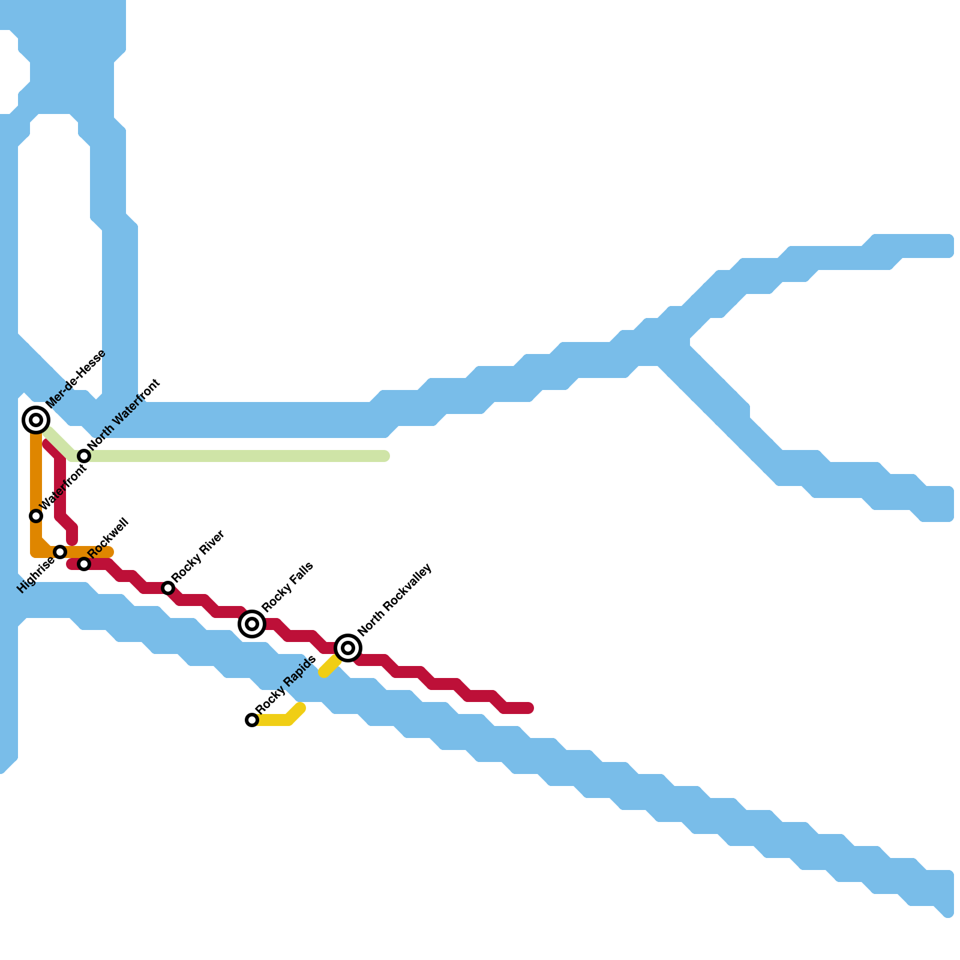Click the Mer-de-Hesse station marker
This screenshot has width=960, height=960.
click(36, 420)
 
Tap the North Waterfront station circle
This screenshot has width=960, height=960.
click(84, 456)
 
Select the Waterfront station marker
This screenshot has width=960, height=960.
click(36, 516)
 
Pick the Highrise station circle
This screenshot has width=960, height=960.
click(60, 552)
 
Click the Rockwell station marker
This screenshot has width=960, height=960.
click(84, 564)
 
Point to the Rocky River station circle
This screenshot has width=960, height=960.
click(168, 588)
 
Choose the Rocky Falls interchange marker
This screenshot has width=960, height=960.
click(252, 624)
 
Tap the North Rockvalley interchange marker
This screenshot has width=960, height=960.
click(348, 648)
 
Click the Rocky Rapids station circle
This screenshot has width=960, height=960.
click(252, 720)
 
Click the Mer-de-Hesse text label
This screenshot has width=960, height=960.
click(76, 379)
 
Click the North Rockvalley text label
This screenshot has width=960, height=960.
click(395, 599)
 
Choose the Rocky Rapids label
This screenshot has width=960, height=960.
click(286, 685)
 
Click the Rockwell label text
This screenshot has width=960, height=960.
click(109, 536)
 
